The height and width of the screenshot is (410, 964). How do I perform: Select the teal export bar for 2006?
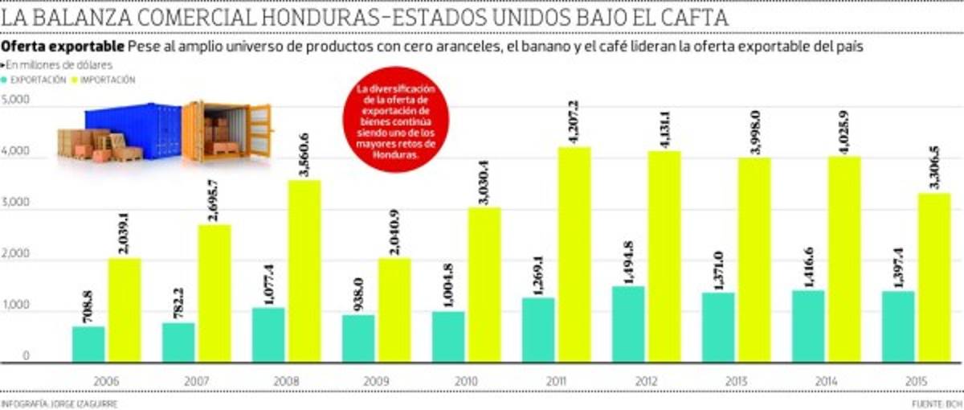click(88, 343)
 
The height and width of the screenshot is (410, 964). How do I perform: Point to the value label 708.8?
click(88, 306)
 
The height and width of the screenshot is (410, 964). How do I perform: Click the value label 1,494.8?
click(628, 262)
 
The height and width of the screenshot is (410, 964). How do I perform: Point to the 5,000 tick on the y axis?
click(16, 100)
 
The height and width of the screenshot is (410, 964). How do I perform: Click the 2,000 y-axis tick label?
click(16, 255)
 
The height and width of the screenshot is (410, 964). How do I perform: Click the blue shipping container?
click(133, 129)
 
